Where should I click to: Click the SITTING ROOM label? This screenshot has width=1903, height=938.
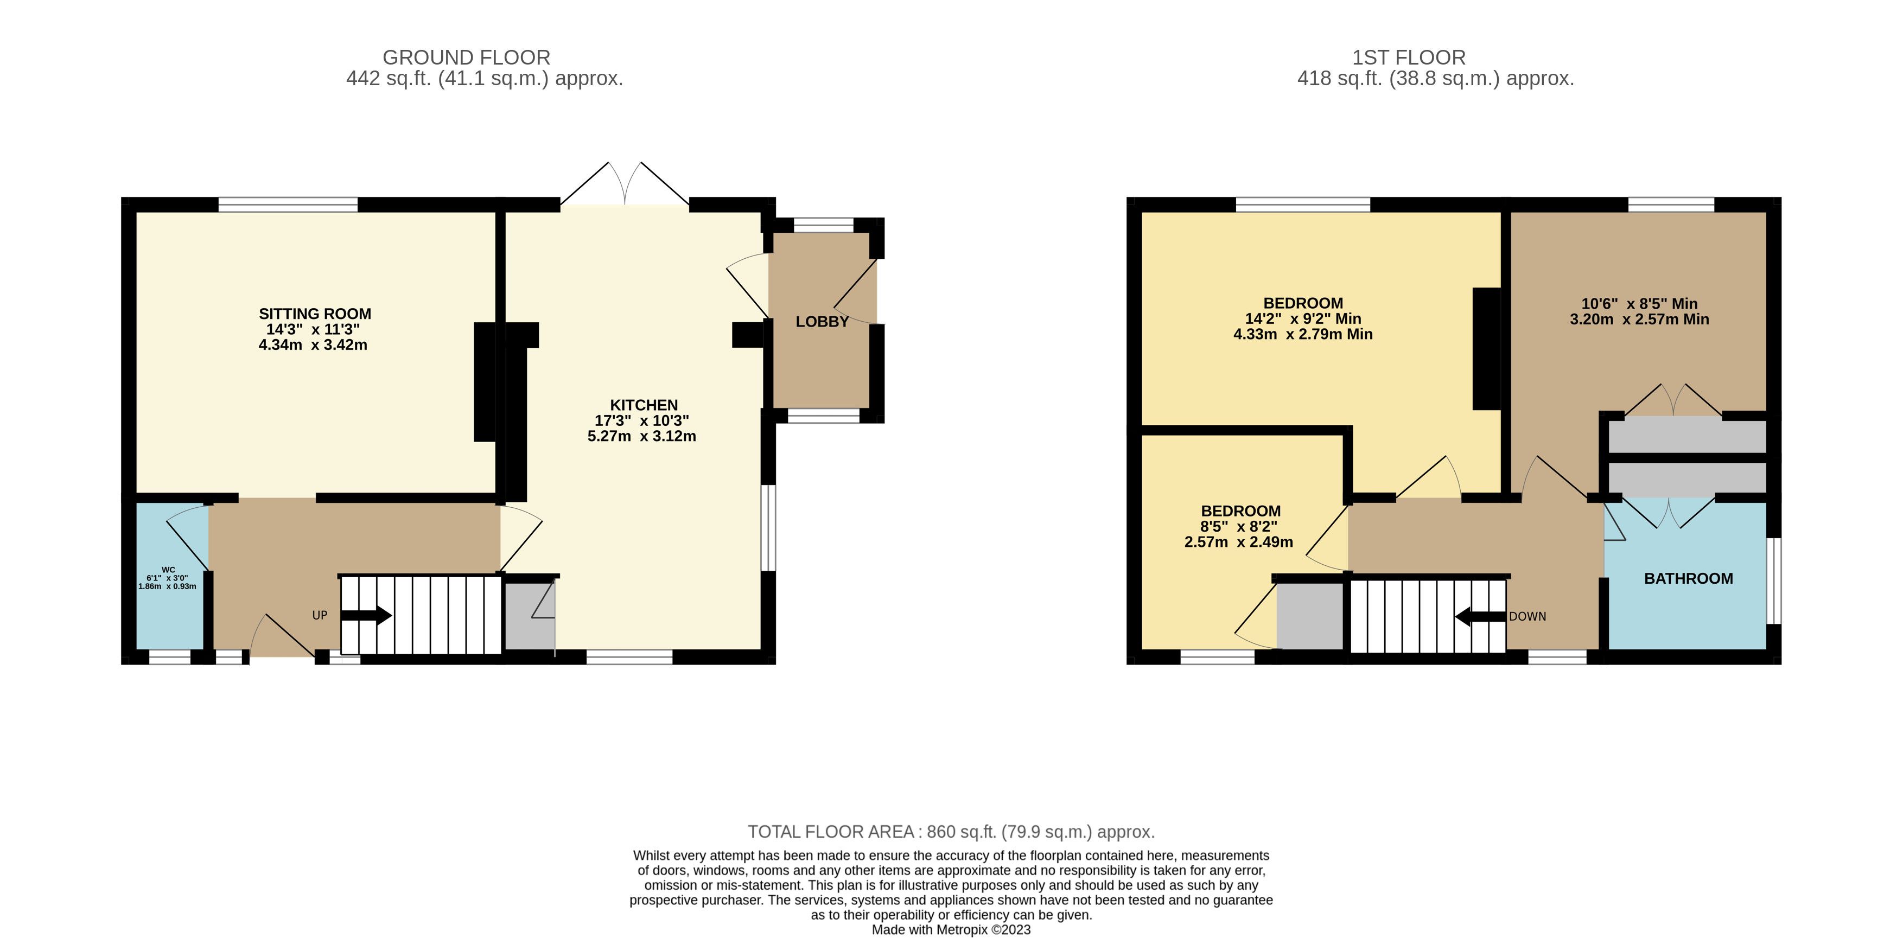(x=315, y=314)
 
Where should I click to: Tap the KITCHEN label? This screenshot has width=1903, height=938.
(x=644, y=405)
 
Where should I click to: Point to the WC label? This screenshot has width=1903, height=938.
(x=168, y=570)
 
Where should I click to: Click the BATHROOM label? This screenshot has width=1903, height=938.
(x=1688, y=578)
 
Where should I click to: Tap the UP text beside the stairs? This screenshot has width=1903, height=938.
(x=320, y=615)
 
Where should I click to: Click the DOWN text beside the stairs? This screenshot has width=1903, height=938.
(x=1527, y=616)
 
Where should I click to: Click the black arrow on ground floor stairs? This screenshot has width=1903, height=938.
(x=366, y=615)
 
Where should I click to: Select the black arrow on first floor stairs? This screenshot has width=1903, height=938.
(x=1480, y=616)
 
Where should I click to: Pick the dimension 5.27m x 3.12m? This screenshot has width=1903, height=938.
(x=641, y=436)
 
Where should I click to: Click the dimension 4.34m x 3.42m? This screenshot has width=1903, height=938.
(x=313, y=345)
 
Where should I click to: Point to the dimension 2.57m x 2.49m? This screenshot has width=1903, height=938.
(x=1238, y=542)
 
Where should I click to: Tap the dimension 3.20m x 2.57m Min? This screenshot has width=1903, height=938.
(x=1639, y=319)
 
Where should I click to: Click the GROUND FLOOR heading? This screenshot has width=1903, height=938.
(x=466, y=58)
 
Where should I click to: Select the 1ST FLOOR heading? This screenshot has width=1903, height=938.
(x=1409, y=58)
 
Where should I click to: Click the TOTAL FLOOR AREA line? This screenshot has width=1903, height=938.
(x=951, y=832)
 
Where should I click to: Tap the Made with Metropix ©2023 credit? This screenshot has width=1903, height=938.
(x=951, y=930)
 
